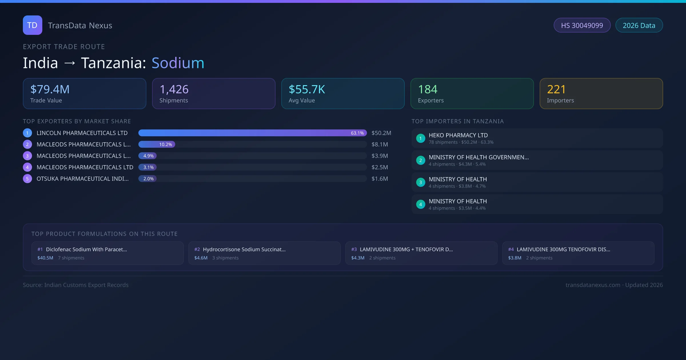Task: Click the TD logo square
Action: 32,25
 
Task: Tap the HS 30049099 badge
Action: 582,25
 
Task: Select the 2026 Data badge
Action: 639,25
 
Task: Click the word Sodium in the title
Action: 178,63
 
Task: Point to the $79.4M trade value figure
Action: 50,89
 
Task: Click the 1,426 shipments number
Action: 174,89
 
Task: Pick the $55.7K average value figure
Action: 307,89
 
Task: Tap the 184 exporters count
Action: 428,89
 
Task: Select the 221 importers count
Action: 556,89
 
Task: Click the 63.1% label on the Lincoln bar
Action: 357,133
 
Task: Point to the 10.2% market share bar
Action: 157,145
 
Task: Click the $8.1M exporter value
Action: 380,145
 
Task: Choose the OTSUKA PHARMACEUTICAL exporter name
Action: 83,179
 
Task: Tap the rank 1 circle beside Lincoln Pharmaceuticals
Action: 27,133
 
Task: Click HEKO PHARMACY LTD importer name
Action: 458,135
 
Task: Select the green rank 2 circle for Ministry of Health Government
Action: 420,161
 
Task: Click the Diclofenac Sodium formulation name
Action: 86,249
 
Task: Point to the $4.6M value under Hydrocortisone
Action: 201,258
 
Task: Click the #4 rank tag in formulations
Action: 511,249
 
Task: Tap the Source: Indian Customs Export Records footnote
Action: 76,285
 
